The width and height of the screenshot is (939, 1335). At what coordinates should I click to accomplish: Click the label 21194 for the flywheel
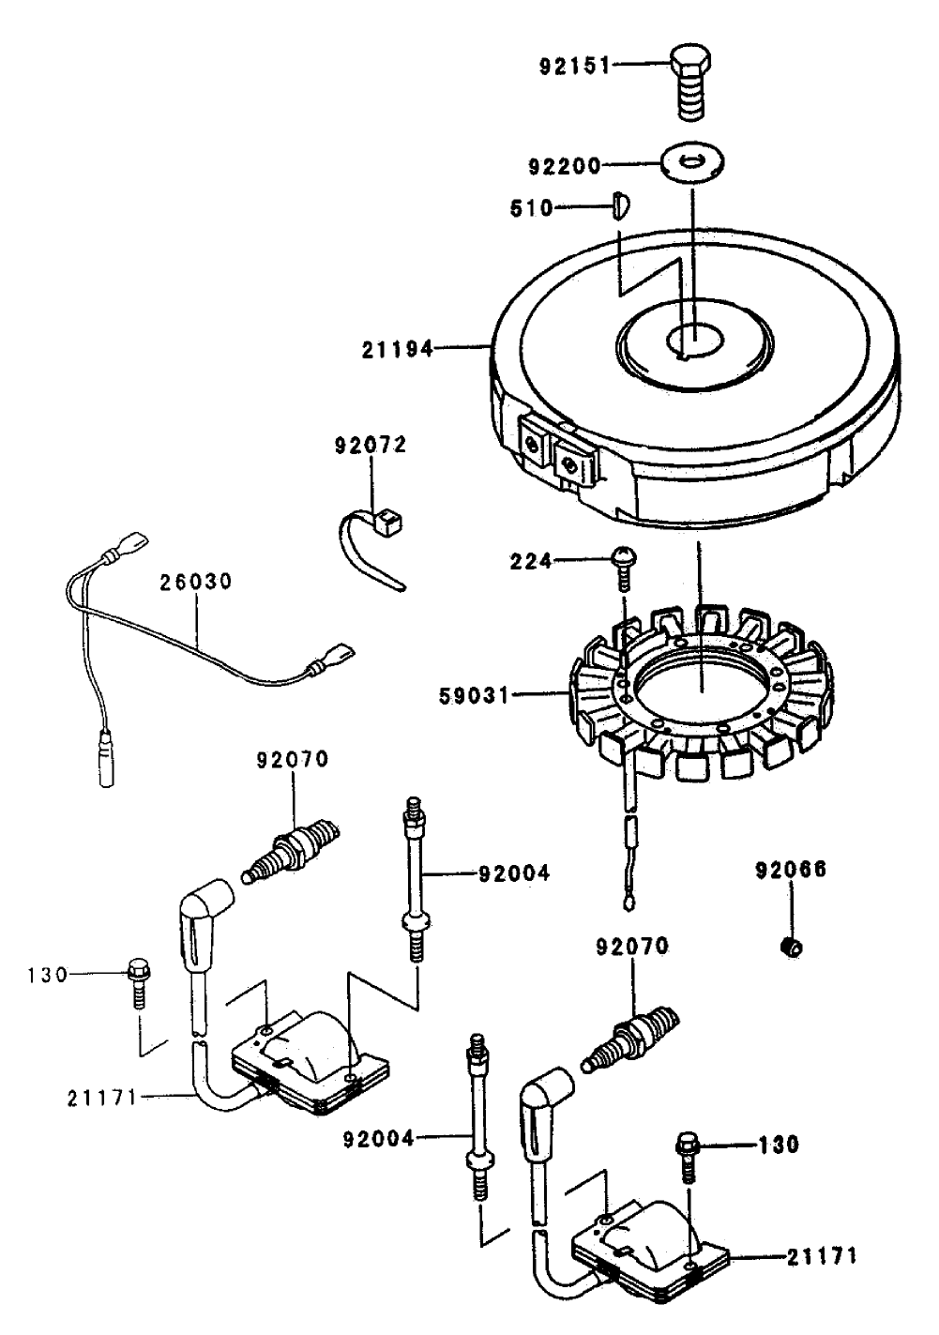coord(398,350)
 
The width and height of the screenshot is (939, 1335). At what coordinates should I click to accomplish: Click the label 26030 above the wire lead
coord(194,583)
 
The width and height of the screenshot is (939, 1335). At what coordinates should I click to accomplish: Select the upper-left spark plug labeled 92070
coord(291,846)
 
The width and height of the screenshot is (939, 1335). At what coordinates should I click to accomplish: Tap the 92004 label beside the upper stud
coord(514,873)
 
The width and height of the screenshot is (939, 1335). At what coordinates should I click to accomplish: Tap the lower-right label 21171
coord(821,1255)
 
